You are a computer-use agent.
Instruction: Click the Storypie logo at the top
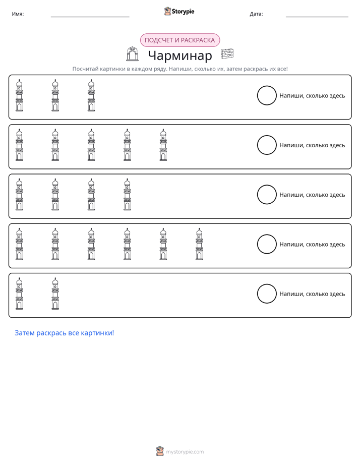pos(179,11)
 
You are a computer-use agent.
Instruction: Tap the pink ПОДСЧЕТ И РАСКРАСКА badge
pos(180,40)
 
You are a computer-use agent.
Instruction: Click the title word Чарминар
pos(180,55)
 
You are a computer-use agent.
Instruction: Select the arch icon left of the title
pos(132,54)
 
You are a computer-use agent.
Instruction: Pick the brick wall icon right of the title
pos(227,54)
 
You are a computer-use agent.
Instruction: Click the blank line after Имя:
pos(90,17)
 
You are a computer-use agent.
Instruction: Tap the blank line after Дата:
pos(317,17)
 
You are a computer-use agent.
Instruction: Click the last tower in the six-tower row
pos(199,244)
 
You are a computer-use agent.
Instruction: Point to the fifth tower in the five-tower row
pos(163,145)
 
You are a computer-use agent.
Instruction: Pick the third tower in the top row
pos(91,95)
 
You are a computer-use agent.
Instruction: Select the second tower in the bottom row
pos(55,294)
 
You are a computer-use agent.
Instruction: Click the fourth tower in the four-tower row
pos(127,195)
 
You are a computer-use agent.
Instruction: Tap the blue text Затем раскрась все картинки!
pos(65,333)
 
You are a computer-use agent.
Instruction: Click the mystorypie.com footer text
pos(185,452)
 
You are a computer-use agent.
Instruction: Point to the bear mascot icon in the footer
pos(160,451)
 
